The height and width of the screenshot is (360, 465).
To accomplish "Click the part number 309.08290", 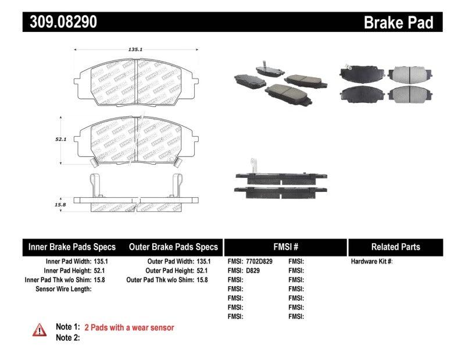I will (60, 22).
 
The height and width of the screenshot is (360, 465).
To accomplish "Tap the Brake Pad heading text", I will (398, 22).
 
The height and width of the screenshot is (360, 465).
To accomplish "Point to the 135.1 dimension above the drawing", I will (135, 50).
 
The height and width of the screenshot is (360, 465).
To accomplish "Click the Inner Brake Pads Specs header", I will (72, 247).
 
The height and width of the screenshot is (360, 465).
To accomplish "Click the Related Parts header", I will (395, 247).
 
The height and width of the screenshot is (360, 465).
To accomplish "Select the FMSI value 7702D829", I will (259, 262).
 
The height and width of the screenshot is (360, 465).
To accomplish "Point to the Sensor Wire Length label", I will (63, 288).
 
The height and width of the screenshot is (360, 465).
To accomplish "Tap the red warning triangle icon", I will (40, 329).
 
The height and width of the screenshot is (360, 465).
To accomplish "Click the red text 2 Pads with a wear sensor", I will (129, 327).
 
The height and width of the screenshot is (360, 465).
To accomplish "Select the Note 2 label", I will (67, 337).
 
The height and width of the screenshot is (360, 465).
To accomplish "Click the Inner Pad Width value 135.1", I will (101, 262).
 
